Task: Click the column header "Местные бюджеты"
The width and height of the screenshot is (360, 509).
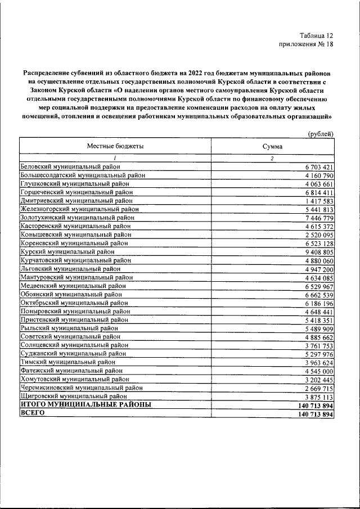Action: [115, 146]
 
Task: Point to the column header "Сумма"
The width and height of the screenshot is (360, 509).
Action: [272, 146]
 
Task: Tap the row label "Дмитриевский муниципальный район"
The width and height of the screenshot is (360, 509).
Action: [76, 200]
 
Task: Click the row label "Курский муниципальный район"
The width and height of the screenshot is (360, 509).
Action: [67, 251]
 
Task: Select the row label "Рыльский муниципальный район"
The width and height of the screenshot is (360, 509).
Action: [69, 328]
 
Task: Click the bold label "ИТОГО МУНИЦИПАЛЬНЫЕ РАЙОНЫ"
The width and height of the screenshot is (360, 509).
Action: [85, 404]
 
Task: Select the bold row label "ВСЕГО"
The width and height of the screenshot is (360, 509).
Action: [32, 413]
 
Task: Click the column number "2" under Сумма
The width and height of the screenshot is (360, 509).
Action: [272, 158]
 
